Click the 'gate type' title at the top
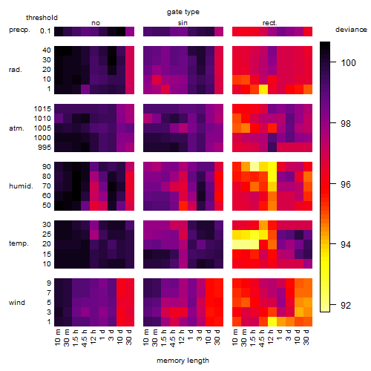pyautogui.click(x=183, y=12)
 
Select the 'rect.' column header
pyautogui.click(x=270, y=23)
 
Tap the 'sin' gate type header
pyautogui.click(x=183, y=23)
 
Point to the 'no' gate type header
pyautogui.click(x=96, y=23)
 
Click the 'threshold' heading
pyautogui.click(x=42, y=18)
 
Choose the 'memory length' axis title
pyautogui.click(x=183, y=361)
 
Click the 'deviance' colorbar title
pyautogui.click(x=351, y=30)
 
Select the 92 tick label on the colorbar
pyautogui.click(x=346, y=306)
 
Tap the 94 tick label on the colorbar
pyautogui.click(x=346, y=245)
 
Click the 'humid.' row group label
pyautogui.click(x=21, y=186)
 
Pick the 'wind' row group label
pyautogui.click(x=17, y=303)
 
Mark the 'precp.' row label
pyautogui.click(x=19, y=30)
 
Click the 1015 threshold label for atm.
pyautogui.click(x=42, y=109)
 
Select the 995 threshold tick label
pyautogui.click(x=45, y=148)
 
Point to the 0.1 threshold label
pyautogui.click(x=45, y=31)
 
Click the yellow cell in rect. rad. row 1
pyautogui.click(x=263, y=89)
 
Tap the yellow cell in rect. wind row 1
pyautogui.click(x=272, y=321)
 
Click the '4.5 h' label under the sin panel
pyautogui.click(x=173, y=338)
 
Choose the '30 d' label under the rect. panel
pyautogui.click(x=306, y=338)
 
